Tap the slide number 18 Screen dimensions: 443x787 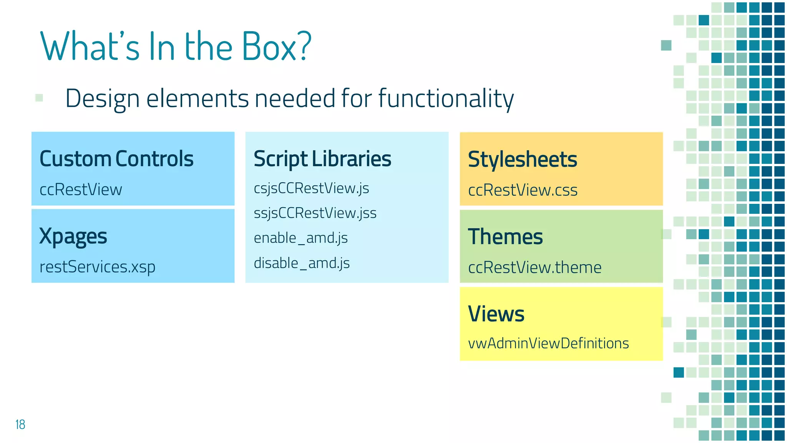click(x=20, y=425)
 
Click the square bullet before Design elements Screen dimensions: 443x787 click(x=39, y=98)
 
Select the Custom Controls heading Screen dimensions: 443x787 click(x=116, y=158)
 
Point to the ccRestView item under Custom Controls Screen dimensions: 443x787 click(x=81, y=190)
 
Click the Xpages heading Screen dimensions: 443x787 click(x=73, y=236)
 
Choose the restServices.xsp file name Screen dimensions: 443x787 click(x=97, y=266)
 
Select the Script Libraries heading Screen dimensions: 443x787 click(x=322, y=158)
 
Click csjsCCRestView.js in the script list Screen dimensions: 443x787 click(x=311, y=188)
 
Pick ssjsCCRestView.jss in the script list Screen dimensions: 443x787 click(x=315, y=213)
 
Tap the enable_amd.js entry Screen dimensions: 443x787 click(x=301, y=238)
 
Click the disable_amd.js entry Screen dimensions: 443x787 click(x=302, y=263)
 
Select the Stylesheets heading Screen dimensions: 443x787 click(x=522, y=159)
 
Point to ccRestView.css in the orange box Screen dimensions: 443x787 click(x=523, y=190)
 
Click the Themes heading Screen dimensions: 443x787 click(x=505, y=236)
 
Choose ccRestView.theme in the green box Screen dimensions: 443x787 click(x=535, y=267)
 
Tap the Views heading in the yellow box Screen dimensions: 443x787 click(x=496, y=314)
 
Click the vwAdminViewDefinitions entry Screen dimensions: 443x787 click(x=548, y=343)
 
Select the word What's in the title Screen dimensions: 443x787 click(x=90, y=47)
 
